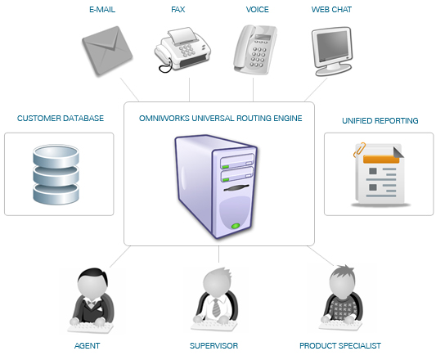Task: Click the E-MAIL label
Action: click(102, 10)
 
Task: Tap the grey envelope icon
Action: click(107, 51)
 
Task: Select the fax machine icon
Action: click(182, 50)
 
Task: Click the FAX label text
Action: click(178, 10)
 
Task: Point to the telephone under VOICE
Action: click(255, 50)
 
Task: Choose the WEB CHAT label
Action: click(331, 10)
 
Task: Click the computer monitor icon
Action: click(332, 52)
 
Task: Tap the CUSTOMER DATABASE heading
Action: click(61, 119)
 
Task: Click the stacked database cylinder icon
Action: click(56, 174)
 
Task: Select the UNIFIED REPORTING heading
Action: click(380, 121)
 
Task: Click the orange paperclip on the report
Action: click(359, 150)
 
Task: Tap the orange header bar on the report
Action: click(381, 159)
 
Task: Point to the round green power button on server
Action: click(236, 226)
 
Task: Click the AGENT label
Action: click(87, 346)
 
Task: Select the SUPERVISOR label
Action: click(214, 346)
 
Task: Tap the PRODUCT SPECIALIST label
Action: click(340, 346)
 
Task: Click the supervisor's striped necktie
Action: click(216, 308)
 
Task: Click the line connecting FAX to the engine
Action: click(189, 89)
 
